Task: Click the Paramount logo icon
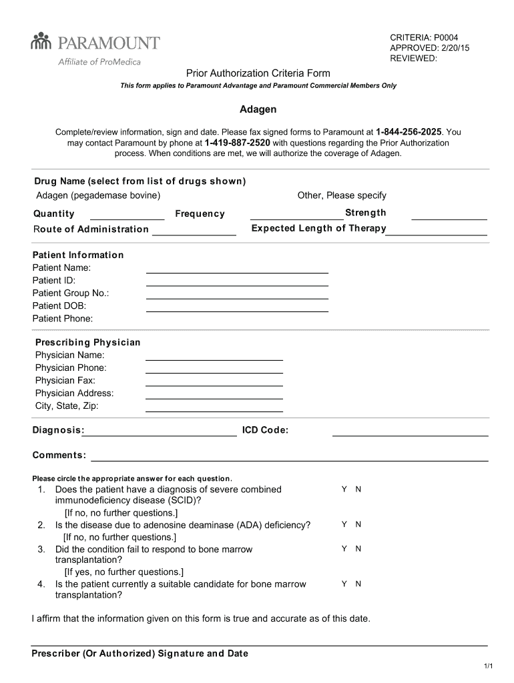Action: point(41,42)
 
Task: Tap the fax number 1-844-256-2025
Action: point(409,132)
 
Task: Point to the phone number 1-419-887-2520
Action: point(238,143)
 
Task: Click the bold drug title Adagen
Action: point(258,109)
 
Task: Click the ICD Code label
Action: point(265,430)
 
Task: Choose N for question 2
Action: point(358,525)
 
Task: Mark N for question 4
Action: point(358,584)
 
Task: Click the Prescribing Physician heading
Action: point(87,342)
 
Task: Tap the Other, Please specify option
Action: point(342,195)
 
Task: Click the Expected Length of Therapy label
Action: point(318,228)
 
